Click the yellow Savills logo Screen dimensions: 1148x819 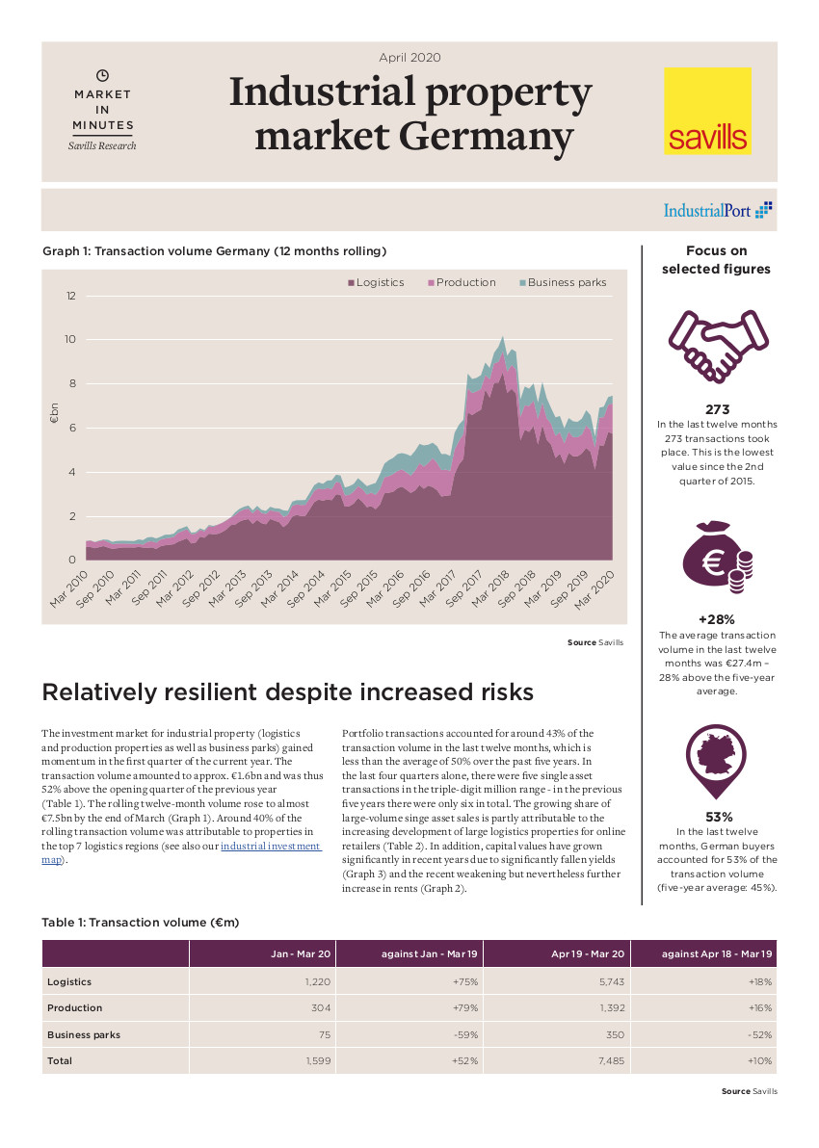707,111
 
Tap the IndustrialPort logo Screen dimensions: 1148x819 718,210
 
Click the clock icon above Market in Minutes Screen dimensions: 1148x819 103,75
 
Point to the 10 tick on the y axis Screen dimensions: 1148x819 69,339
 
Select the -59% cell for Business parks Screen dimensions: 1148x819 467,1034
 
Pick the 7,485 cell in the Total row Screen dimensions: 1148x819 610,1060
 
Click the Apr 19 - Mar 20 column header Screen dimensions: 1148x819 588,953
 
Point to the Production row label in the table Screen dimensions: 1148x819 74,1007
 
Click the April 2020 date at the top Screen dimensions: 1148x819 409,58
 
